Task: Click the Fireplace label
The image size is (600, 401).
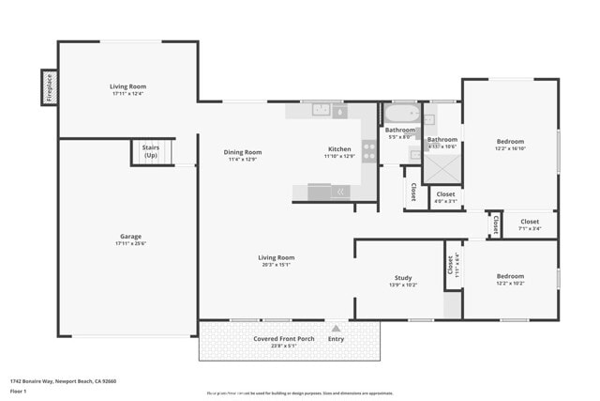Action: pyautogui.click(x=48, y=87)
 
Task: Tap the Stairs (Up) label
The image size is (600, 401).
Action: pyautogui.click(x=150, y=150)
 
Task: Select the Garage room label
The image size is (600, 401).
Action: pyautogui.click(x=129, y=236)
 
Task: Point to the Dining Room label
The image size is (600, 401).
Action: pyautogui.click(x=242, y=152)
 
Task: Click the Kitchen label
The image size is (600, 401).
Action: pyautogui.click(x=339, y=148)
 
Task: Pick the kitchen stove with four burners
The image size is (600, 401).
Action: pyautogui.click(x=367, y=151)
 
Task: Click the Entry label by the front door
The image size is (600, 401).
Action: pyautogui.click(x=336, y=339)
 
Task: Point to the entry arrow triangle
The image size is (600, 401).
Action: pyautogui.click(x=336, y=329)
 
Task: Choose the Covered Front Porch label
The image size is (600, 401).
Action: pyautogui.click(x=283, y=338)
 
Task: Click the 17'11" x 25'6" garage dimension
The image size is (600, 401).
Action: pyautogui.click(x=129, y=243)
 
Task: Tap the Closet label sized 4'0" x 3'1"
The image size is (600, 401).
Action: pyautogui.click(x=445, y=194)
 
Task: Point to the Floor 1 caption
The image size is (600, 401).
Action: pyautogui.click(x=19, y=390)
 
